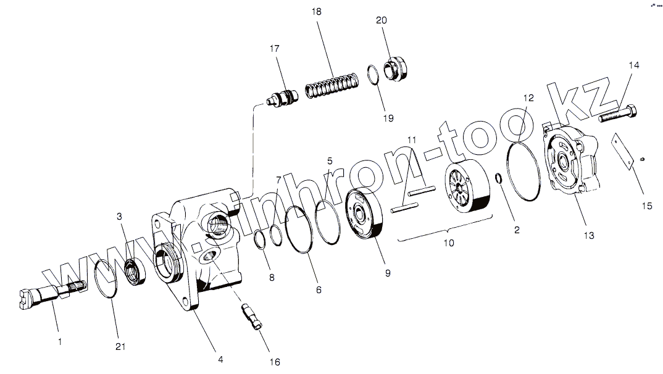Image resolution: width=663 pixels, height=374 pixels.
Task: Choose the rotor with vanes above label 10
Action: pos(465,191)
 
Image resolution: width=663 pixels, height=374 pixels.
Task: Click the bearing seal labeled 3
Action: pos(135,272)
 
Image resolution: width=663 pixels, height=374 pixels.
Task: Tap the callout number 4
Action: pos(220,360)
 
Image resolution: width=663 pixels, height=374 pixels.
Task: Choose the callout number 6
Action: pos(319,289)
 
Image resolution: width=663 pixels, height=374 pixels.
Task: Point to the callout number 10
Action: pos(449,243)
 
